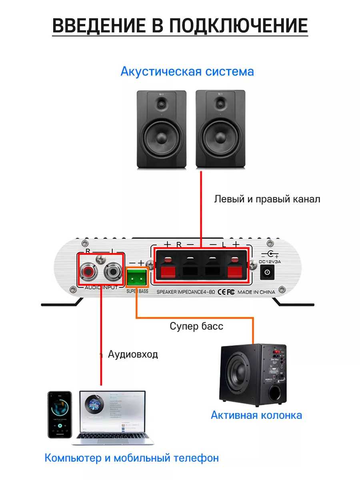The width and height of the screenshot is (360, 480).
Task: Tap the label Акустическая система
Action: [x=187, y=72]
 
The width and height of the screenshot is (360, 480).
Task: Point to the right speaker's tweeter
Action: [x=220, y=104]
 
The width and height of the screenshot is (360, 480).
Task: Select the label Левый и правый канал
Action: [x=267, y=199]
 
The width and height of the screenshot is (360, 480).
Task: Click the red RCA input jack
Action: [x=88, y=273]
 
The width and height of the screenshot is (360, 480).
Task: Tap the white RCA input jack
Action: [x=112, y=273]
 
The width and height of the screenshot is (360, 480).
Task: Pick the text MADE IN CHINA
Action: [x=256, y=292]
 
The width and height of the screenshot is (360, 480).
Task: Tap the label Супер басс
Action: [x=196, y=326]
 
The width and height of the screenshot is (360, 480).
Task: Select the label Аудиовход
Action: [x=133, y=354]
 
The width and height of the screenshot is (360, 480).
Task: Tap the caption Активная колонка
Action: [x=256, y=415]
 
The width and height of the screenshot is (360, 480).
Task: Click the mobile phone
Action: [x=60, y=414]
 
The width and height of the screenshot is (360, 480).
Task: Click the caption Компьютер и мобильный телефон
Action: [x=132, y=458]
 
